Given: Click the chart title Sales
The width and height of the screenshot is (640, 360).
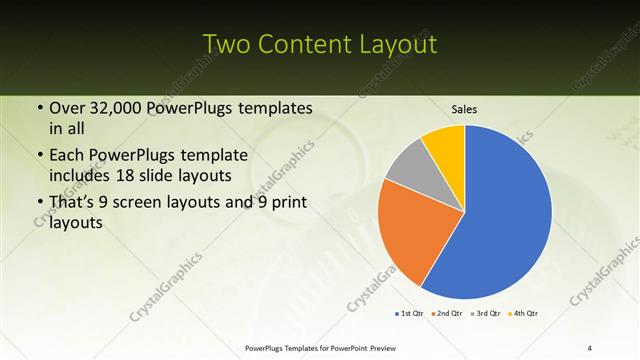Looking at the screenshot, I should [x=464, y=107].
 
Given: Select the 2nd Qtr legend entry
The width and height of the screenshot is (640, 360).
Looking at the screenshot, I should [x=446, y=314].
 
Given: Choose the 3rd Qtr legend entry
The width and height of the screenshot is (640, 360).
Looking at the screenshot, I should [x=486, y=314].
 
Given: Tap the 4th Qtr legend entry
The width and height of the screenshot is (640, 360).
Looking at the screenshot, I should [x=525, y=314].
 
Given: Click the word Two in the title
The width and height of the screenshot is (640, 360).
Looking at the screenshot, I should [x=229, y=45].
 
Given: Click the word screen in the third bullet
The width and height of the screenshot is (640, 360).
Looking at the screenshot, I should [x=144, y=204].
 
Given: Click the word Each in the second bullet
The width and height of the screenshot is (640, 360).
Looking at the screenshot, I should [x=67, y=156].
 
